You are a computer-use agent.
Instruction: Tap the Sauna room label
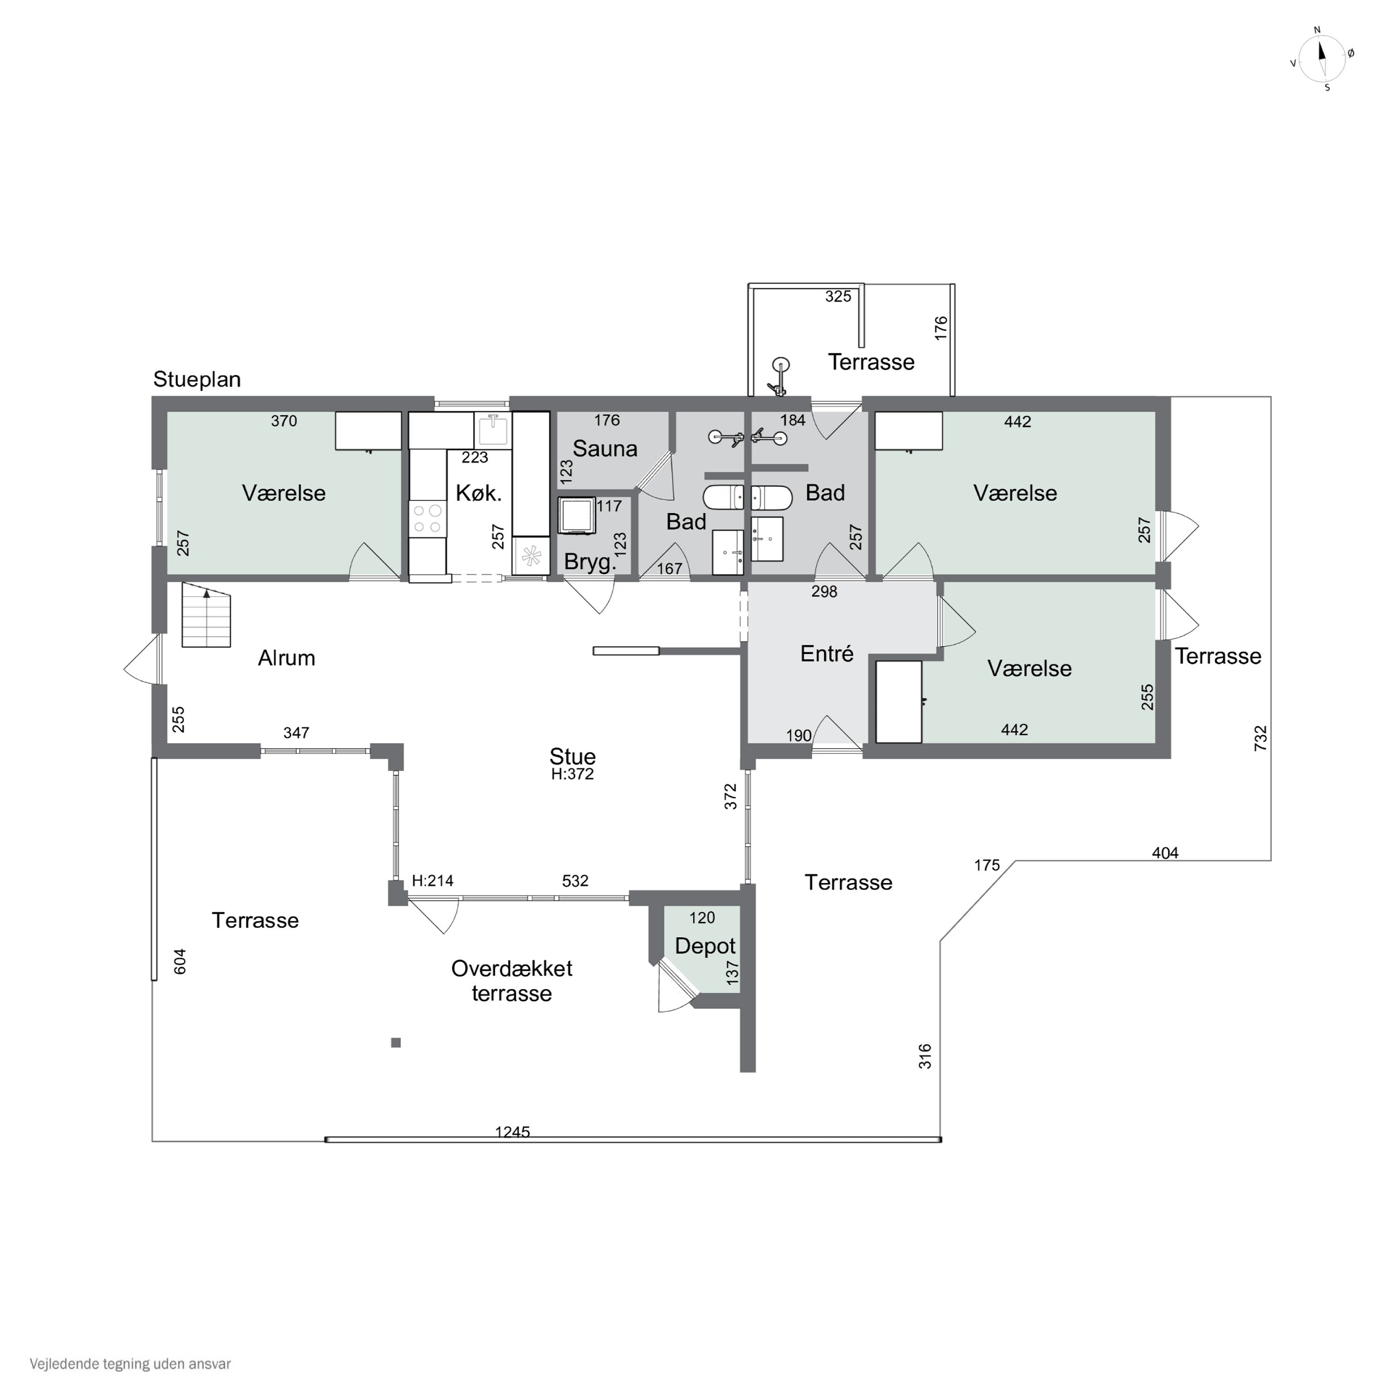click(604, 448)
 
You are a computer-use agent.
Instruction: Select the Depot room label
click(705, 946)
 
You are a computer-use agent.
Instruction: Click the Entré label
click(827, 653)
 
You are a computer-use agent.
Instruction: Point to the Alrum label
click(286, 658)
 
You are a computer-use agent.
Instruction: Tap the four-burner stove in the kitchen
click(427, 519)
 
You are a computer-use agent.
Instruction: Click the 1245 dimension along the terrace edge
click(512, 1132)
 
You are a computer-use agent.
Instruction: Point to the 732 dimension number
click(1261, 738)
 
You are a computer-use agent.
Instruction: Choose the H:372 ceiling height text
click(572, 774)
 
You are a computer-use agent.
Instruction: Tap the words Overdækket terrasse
click(512, 981)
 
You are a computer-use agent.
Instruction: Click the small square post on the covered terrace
click(396, 1043)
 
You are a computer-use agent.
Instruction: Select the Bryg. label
click(591, 562)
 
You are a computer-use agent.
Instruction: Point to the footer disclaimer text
click(130, 1364)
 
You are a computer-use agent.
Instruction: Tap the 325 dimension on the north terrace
click(838, 296)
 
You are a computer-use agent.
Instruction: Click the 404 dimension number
click(1165, 853)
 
